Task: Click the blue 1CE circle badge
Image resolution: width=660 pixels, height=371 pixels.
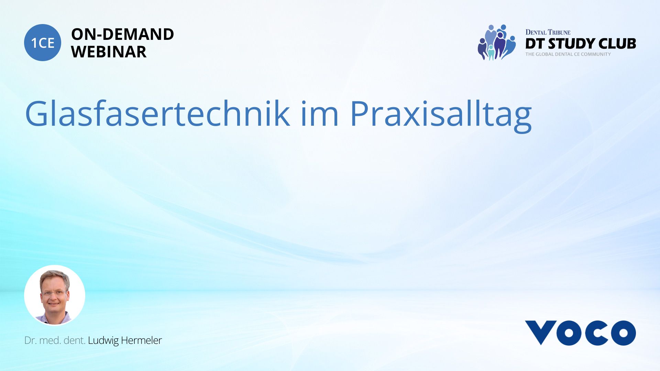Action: tap(43, 43)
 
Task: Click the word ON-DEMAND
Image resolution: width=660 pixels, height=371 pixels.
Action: tap(122, 34)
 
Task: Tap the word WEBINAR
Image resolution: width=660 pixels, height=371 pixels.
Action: tap(109, 52)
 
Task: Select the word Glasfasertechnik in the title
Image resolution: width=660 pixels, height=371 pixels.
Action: tap(157, 114)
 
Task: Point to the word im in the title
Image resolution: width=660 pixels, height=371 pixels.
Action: tap(320, 114)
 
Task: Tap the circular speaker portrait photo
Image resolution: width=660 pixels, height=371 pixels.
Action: tap(55, 295)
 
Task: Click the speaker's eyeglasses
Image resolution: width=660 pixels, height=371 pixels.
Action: tap(54, 293)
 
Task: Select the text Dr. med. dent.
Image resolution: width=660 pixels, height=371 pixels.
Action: tap(55, 340)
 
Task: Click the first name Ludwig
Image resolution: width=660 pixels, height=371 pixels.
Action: tap(103, 340)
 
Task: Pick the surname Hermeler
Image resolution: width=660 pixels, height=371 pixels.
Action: tap(141, 340)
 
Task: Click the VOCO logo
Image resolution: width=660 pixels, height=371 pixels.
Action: tap(580, 333)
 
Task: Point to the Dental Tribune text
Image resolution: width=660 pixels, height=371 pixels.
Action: tap(548, 32)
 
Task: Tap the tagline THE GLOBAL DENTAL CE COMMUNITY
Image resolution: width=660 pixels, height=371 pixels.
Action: tap(568, 54)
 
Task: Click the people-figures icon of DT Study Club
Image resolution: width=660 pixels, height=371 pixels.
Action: tap(497, 43)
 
